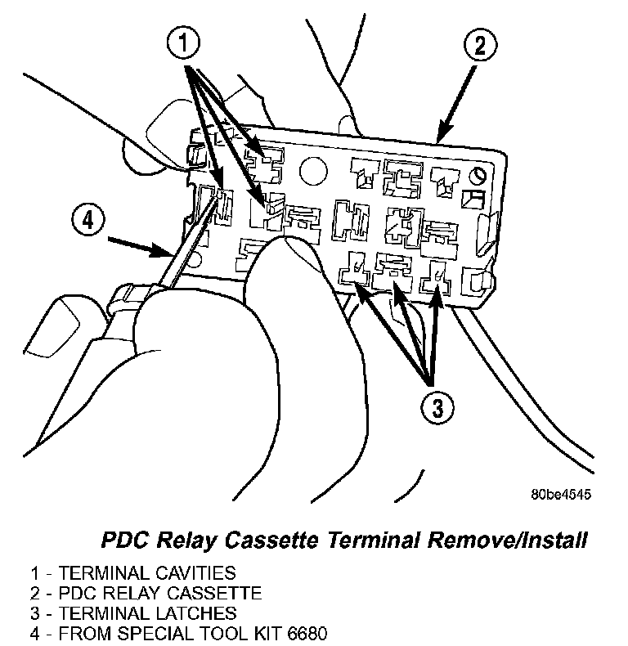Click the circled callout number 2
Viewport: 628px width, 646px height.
click(x=479, y=46)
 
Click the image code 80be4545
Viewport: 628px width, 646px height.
click(x=559, y=494)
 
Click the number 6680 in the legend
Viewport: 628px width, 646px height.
click(x=306, y=631)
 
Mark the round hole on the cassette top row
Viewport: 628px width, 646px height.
click(x=313, y=170)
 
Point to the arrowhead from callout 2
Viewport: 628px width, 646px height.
click(x=442, y=137)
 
